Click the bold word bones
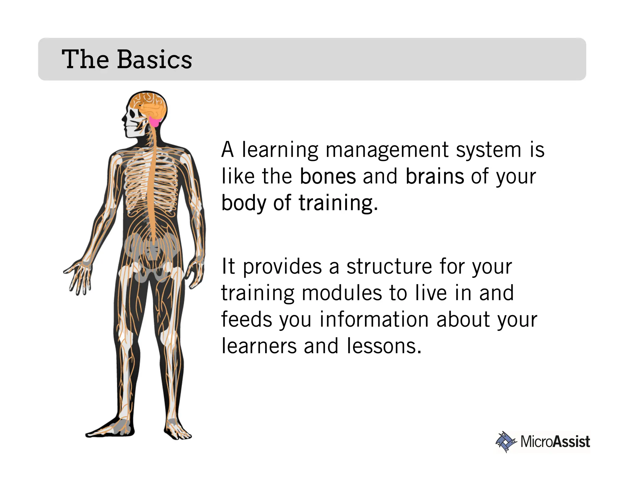[328, 176]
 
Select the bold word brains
[435, 176]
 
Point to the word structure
[389, 267]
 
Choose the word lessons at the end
[384, 346]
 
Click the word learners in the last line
[259, 346]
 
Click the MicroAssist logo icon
[506, 442]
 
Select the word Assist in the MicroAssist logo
[571, 442]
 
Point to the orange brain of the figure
[151, 105]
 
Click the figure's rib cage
[151, 183]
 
